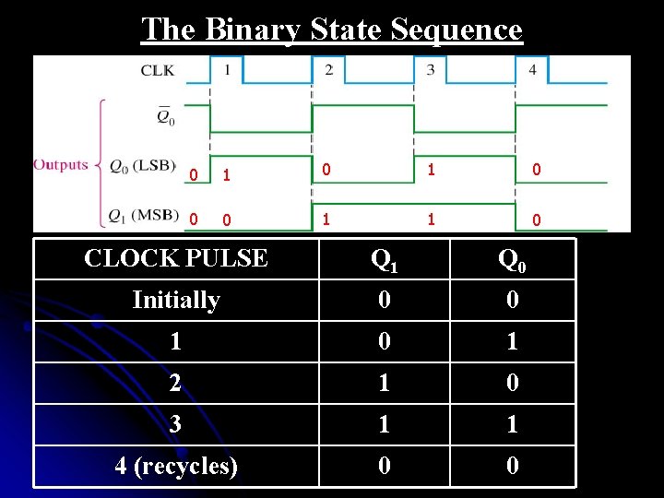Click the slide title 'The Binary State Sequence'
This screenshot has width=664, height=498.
coord(332,30)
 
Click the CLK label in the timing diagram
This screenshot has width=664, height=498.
coord(156,69)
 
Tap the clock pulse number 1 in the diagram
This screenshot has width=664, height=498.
coord(227,68)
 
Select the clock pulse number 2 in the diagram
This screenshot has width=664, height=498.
coord(329,68)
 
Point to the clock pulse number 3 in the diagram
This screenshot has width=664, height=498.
coord(431,68)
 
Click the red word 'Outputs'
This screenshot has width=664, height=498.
coord(61,165)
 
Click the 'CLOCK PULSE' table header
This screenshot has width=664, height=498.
coord(175,258)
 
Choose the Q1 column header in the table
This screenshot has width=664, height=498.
coord(384,260)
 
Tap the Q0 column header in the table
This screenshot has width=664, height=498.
coord(513,260)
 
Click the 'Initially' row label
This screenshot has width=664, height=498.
coord(175,300)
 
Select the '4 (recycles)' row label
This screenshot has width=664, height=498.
coord(175,466)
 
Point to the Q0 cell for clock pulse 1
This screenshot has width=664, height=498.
coord(513,341)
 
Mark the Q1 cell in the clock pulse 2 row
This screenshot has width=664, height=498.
coord(384,383)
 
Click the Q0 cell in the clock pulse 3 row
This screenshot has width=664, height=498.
coord(513,424)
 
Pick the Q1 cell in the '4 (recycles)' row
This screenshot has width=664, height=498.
coord(384,466)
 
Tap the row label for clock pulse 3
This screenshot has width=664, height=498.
coord(175,424)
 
